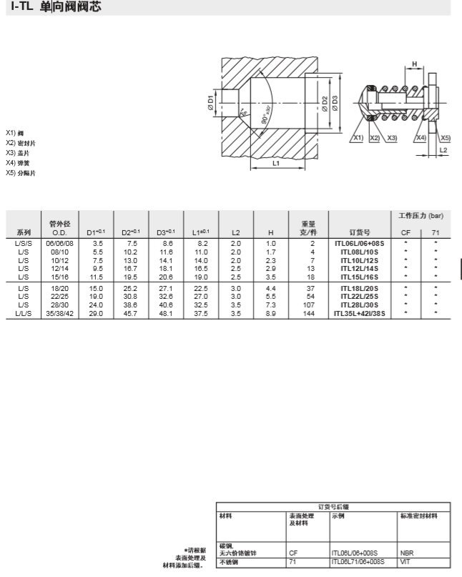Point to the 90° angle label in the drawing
265,114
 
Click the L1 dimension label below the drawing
277,163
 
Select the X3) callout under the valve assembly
390,137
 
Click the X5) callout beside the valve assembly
445,137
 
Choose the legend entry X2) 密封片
21,143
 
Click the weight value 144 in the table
309,313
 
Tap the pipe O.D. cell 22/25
59,295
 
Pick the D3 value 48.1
166,313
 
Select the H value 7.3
270,304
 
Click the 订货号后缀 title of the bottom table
333,506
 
